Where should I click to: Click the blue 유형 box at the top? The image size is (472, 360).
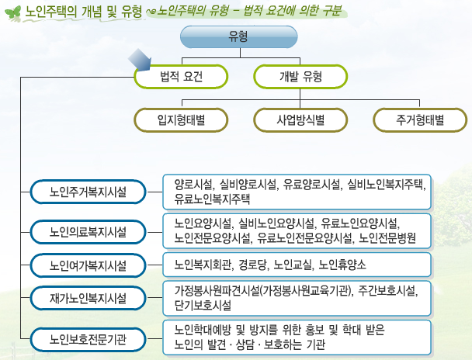coord(238,37)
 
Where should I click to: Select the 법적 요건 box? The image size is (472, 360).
coord(181,77)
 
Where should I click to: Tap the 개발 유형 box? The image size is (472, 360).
coord(300,77)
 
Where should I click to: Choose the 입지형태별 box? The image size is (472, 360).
coord(181,120)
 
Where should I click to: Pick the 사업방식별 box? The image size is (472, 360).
coord(300,120)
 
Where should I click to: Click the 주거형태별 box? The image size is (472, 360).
coord(420,120)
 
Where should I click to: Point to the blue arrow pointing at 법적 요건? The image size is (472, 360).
coord(141,60)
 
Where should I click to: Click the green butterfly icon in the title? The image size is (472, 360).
coord(13,13)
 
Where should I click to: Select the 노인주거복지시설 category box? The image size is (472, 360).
coord(88,192)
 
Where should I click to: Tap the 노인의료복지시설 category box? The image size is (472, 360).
coord(88,232)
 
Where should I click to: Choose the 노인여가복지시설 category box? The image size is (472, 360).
coord(88,265)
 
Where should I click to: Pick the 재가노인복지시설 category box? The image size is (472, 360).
coord(88,298)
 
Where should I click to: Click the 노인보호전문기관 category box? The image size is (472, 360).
coord(88,340)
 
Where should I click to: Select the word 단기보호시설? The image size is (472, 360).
coord(203,305)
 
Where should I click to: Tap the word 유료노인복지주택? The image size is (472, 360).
coord(212,199)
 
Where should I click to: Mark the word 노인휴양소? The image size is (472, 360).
coord(342,265)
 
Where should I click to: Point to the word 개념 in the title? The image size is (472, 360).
coord(91,12)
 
